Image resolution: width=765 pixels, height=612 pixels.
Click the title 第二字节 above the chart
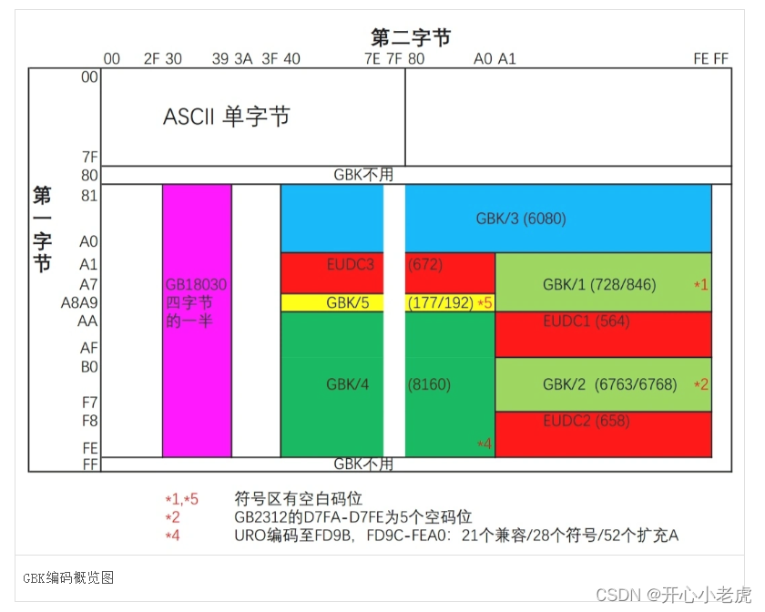point(411,37)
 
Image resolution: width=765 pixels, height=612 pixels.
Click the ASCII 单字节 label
point(226,117)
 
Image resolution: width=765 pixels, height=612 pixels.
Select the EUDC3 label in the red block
point(351,265)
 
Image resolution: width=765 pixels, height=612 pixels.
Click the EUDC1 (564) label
point(586,321)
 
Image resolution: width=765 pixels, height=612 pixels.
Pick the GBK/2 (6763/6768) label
point(609,384)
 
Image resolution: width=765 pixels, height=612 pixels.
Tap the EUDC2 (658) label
point(586,422)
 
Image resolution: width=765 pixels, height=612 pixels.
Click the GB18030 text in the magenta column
point(196,284)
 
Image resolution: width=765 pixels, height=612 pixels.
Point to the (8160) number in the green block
point(429,384)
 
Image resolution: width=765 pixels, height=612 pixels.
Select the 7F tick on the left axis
point(88,157)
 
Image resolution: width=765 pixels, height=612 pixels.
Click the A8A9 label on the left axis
point(79,302)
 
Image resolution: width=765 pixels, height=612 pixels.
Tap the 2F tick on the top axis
point(152,59)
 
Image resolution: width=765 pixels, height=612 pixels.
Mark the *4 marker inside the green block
point(484,444)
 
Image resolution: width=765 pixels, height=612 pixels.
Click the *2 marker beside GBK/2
point(700,384)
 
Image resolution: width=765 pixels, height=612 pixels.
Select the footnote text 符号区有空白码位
point(299,499)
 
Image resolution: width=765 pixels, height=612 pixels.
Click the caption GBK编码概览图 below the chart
point(68,577)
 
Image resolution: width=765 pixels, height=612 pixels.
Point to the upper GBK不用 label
point(363,174)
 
